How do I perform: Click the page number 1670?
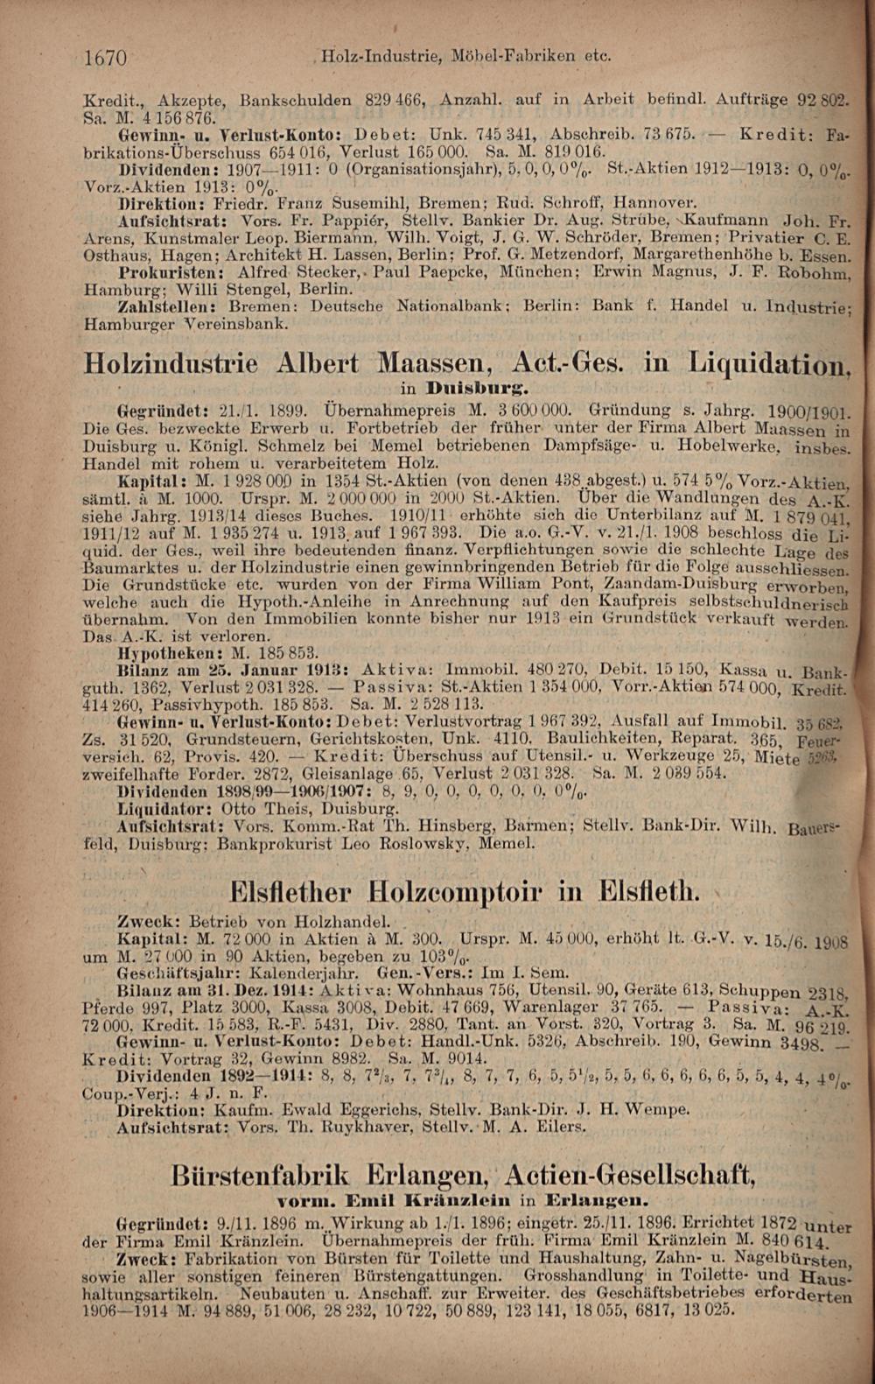tap(106, 58)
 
